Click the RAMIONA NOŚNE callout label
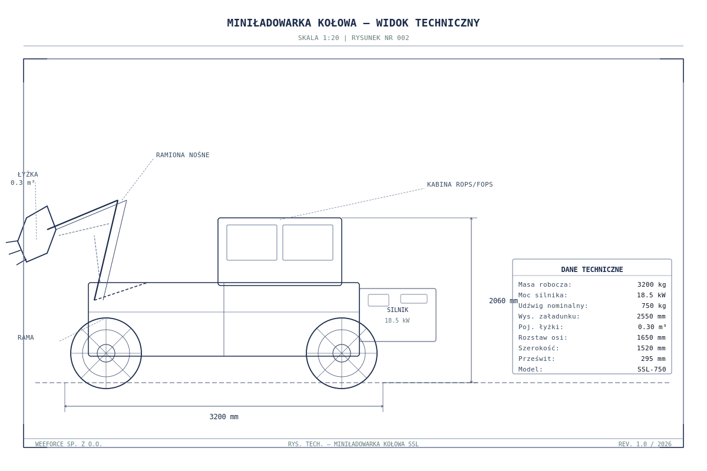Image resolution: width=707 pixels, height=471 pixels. point(183,155)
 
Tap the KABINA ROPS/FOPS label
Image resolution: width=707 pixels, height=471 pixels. point(460,184)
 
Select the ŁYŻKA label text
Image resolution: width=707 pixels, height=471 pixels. point(28,174)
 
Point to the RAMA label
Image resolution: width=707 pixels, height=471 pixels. point(25,337)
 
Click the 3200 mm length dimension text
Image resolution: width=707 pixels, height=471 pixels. point(224,417)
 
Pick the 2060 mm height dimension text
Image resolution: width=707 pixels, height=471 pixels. point(503,301)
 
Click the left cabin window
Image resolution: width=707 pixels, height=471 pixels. point(252,243)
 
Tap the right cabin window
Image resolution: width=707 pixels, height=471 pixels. point(308,243)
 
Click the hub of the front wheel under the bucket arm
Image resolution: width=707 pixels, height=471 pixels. point(106,353)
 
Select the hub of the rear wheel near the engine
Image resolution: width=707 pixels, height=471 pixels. point(342,353)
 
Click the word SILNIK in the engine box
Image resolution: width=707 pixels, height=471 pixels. point(397,310)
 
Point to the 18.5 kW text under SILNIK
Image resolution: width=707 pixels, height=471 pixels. point(397,320)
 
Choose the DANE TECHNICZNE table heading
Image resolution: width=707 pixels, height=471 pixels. point(592,270)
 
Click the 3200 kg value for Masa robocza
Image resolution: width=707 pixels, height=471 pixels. point(652,284)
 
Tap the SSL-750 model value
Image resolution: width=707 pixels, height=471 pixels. point(652,369)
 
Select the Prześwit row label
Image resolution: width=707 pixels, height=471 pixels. point(537,359)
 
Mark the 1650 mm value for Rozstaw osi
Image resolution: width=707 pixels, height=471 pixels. point(651,337)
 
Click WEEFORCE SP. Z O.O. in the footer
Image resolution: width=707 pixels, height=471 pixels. point(68,444)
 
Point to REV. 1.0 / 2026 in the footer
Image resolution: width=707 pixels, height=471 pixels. point(645,444)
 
